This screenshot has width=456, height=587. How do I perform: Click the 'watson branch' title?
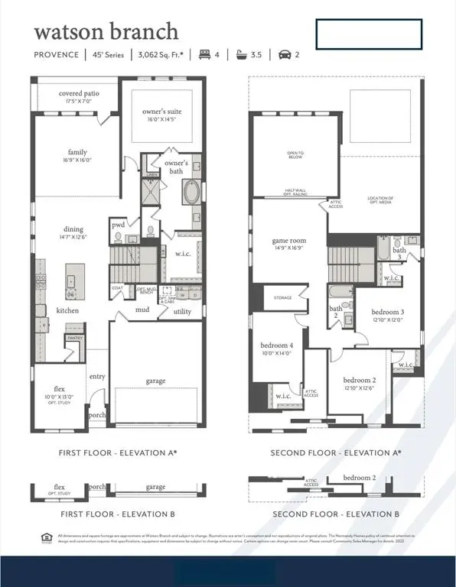pyautogui.click(x=106, y=31)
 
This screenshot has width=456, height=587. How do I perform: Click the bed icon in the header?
pyautogui.click(x=205, y=55)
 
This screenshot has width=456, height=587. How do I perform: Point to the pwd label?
pyautogui.click(x=118, y=225)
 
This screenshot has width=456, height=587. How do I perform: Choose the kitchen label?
pyautogui.click(x=67, y=310)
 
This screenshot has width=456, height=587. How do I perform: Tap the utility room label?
pyautogui.click(x=182, y=311)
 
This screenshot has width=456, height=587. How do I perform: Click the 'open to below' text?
pyautogui.click(x=295, y=156)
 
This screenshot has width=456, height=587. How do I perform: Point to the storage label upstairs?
pyautogui.click(x=282, y=297)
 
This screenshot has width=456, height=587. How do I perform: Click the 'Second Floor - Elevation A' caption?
pyautogui.click(x=336, y=452)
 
